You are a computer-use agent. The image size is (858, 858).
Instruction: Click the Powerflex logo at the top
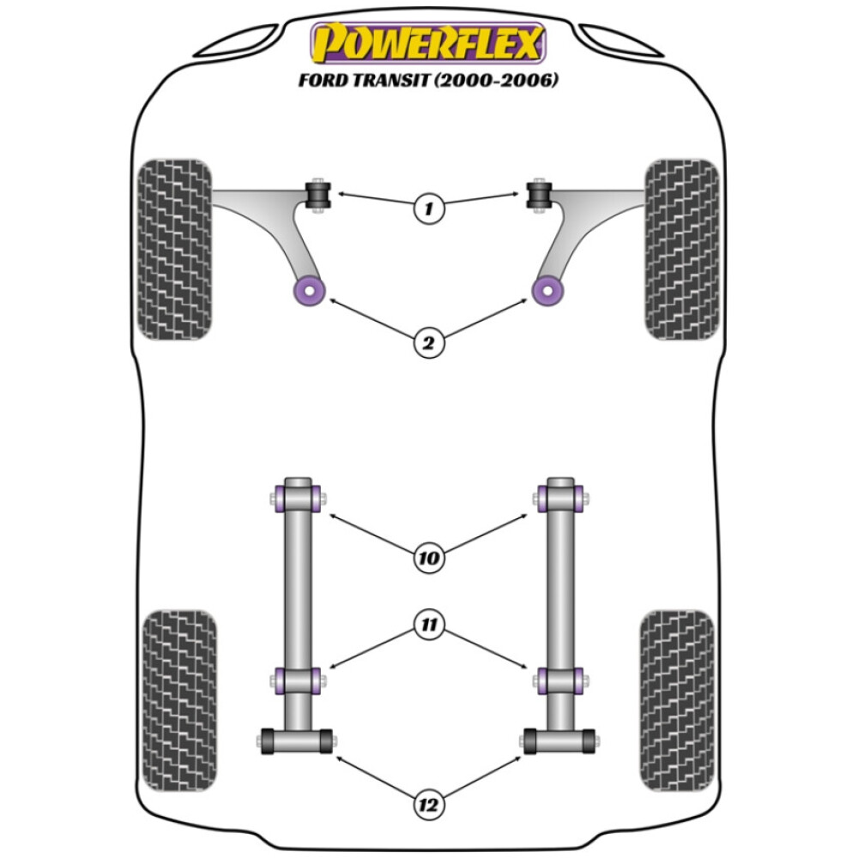[428, 42]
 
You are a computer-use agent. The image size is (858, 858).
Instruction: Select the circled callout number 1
[428, 208]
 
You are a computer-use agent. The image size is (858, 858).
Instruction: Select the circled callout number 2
[428, 343]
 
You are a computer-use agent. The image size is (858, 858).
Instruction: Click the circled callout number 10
[428, 559]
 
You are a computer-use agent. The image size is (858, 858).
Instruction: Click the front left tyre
[174, 249]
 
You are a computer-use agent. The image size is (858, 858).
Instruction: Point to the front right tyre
[682, 249]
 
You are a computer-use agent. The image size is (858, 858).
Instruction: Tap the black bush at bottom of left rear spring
[296, 740]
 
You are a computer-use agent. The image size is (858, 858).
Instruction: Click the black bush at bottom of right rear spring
[560, 740]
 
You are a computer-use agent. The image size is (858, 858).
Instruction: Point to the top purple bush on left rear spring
[297, 497]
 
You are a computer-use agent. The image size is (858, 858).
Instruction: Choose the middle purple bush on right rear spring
[560, 680]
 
